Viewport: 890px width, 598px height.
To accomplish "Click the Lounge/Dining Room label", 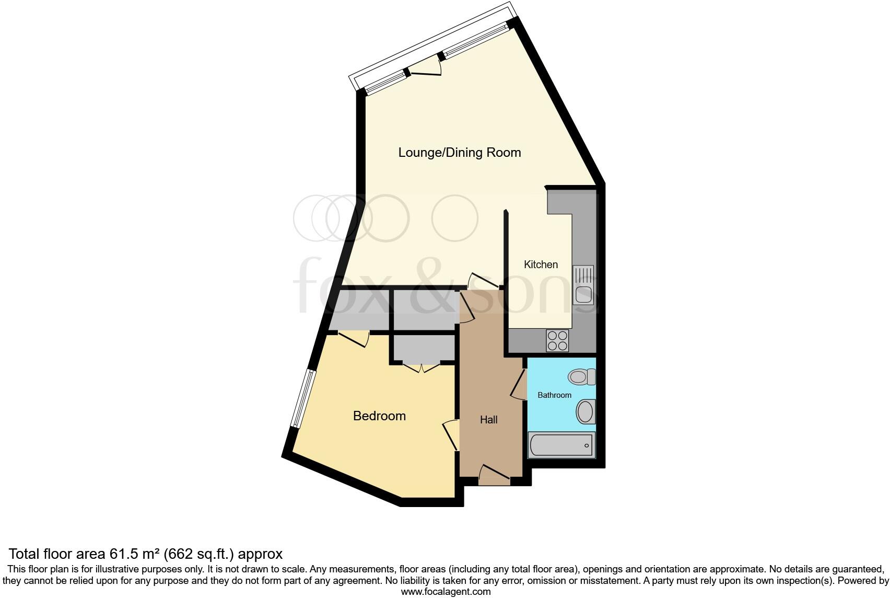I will [460, 153].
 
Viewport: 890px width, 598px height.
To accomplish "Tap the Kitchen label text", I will [541, 264].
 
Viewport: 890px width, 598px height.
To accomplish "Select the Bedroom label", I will [379, 416].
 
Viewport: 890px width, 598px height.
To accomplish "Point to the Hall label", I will [488, 420].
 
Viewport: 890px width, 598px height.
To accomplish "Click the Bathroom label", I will [554, 395].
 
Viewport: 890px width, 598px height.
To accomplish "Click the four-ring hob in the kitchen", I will [557, 340].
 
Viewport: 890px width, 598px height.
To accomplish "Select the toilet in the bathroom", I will [582, 376].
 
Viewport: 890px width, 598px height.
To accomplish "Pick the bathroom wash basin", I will [585, 412].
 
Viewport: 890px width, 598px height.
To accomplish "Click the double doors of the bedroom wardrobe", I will [421, 367].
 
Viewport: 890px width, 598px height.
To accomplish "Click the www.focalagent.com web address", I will [446, 592].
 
